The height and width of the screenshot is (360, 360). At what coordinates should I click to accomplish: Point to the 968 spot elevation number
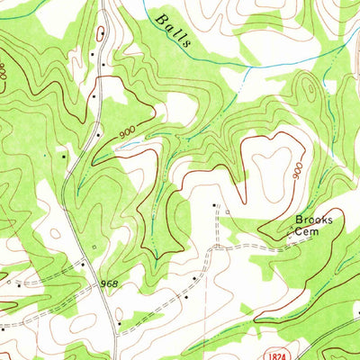[108, 284]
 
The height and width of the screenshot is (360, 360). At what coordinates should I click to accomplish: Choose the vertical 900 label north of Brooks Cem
[298, 170]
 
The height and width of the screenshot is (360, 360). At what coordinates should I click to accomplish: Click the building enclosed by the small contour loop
[101, 34]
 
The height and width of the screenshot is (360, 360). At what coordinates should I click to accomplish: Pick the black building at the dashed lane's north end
[214, 205]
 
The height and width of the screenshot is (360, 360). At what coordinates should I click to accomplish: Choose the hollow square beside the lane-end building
[225, 212]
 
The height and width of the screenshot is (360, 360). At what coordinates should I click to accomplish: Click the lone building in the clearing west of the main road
[64, 155]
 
